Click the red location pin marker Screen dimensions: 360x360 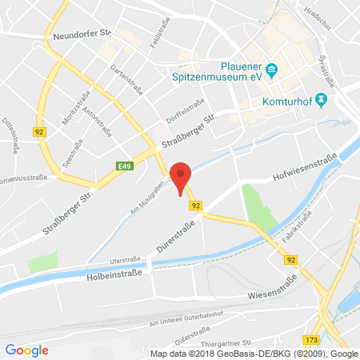(x=182, y=177)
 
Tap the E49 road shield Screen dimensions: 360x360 (x=124, y=166)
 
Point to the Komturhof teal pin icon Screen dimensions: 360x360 (x=322, y=100)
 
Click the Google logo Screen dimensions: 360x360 (x=27, y=350)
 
